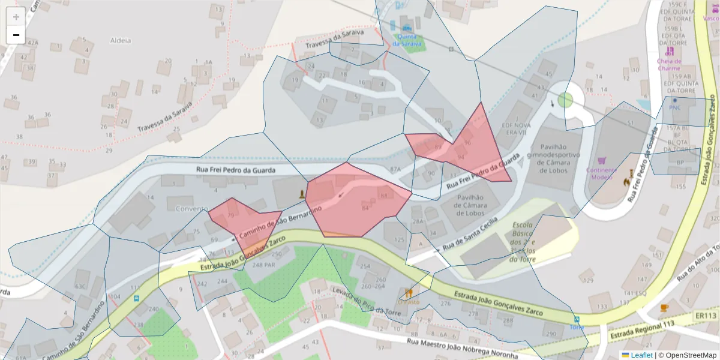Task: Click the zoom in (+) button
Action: tap(16, 16)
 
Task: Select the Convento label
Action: tap(192, 208)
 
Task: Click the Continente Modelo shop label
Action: tap(602, 173)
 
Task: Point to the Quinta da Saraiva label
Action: tap(407, 40)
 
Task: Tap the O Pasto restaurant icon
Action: tap(409, 293)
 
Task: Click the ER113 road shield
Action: tap(706, 316)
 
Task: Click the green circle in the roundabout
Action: tap(565, 100)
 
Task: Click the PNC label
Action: tap(675, 107)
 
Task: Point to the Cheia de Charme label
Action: tap(669, 64)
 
